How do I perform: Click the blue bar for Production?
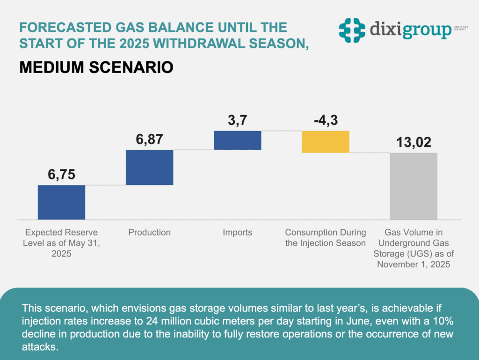(x=150, y=167)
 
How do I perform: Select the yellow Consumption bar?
(x=326, y=142)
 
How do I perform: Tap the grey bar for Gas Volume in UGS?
(x=414, y=186)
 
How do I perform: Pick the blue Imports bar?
(x=237, y=140)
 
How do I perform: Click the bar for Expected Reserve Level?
(x=61, y=202)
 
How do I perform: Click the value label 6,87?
(x=150, y=140)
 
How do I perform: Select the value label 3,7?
(x=237, y=121)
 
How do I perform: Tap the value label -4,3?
(x=326, y=121)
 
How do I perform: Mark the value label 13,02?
(x=414, y=142)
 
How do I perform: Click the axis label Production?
(x=150, y=233)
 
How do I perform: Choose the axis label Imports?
(x=237, y=233)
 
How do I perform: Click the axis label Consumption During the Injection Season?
(x=326, y=238)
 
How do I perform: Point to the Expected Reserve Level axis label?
(x=61, y=243)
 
